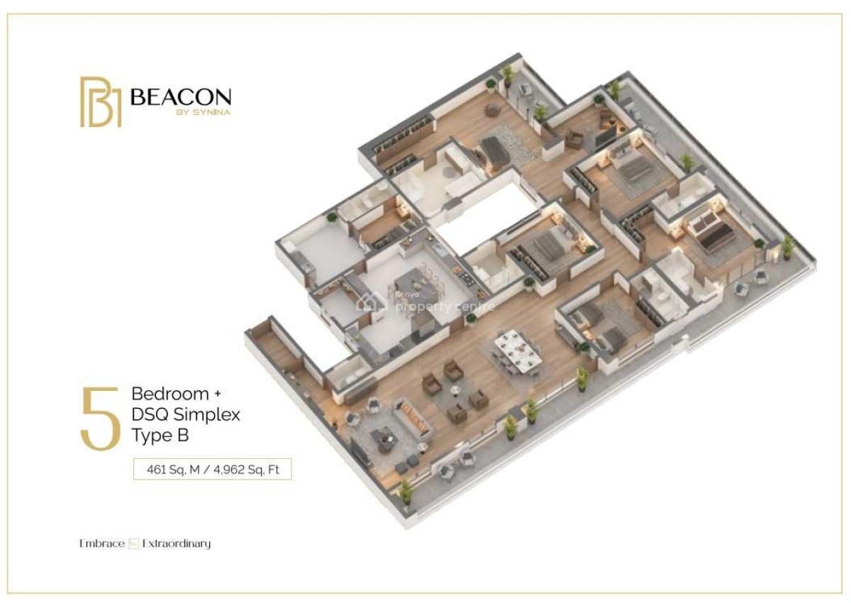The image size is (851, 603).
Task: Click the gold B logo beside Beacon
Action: pyautogui.click(x=101, y=102)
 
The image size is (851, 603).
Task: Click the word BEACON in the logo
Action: pyautogui.click(x=181, y=97)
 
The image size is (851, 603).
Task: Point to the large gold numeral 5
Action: pyautogui.click(x=100, y=419)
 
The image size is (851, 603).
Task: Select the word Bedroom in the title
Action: pyautogui.click(x=170, y=394)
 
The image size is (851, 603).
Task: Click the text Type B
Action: pyautogui.click(x=160, y=436)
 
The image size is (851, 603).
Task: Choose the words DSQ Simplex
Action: pyautogui.click(x=186, y=414)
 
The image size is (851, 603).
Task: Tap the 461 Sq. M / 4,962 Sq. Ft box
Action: pyautogui.click(x=213, y=469)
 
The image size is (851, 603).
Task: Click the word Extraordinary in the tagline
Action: pyautogui.click(x=177, y=544)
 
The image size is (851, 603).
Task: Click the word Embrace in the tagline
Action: pyautogui.click(x=101, y=544)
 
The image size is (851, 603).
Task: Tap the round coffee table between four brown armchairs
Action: pyautogui.click(x=454, y=389)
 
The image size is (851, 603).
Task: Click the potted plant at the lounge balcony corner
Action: pyautogui.click(x=406, y=491)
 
